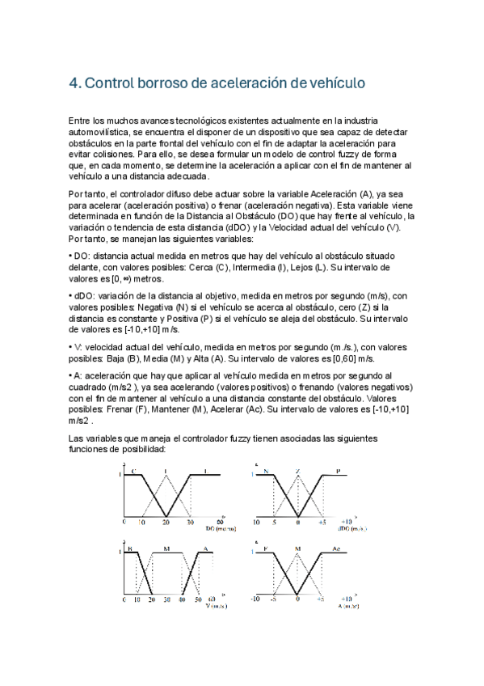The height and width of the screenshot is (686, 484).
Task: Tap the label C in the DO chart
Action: [x=133, y=470]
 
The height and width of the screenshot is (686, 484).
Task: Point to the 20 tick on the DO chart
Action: [x=166, y=523]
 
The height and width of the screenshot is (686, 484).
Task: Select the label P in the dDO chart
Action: [x=339, y=470]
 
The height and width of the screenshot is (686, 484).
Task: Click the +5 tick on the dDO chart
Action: [x=321, y=523]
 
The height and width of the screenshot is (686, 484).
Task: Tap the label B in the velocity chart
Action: [x=128, y=549]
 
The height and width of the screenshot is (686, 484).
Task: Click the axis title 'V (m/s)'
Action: [x=216, y=608]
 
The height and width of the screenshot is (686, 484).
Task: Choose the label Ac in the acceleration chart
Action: [x=335, y=549]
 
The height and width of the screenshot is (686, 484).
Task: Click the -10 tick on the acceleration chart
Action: [x=255, y=601]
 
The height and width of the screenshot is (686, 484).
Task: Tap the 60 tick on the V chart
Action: [x=213, y=601]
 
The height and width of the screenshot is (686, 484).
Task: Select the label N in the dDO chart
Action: [x=265, y=470]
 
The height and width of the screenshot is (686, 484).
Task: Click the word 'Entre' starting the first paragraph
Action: [x=82, y=120]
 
